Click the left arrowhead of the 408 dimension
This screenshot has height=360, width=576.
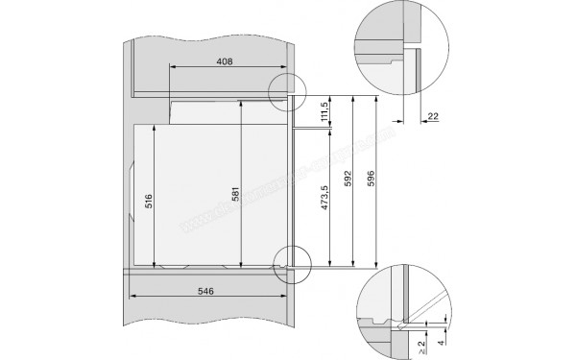(171, 67)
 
